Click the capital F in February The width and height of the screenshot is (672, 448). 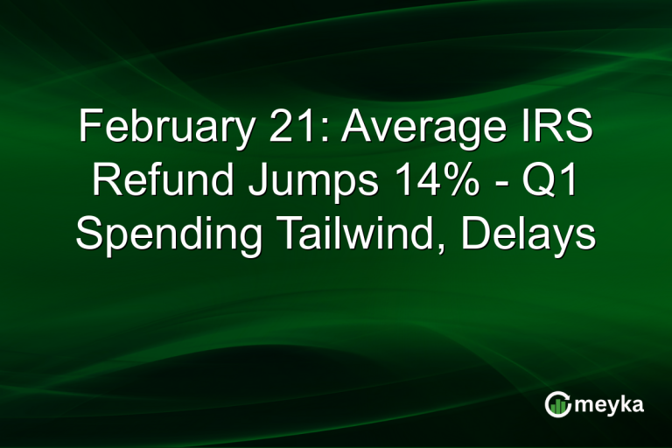(x=88, y=129)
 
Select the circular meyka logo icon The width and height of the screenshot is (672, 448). (x=557, y=403)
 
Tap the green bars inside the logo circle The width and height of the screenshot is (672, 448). (x=557, y=405)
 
